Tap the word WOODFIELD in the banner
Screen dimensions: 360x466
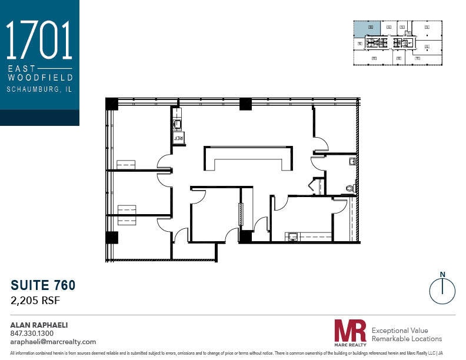(x=39, y=77)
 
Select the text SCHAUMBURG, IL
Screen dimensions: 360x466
(x=39, y=89)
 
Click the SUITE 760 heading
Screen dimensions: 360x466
(x=43, y=286)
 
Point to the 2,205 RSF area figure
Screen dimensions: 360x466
(x=35, y=301)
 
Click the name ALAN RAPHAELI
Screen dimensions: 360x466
(x=39, y=325)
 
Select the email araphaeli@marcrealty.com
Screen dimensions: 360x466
(x=53, y=342)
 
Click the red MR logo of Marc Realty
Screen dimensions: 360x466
(x=349, y=331)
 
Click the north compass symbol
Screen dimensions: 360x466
(x=442, y=289)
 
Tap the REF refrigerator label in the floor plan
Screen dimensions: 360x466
(x=179, y=137)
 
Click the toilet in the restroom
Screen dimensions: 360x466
(x=351, y=188)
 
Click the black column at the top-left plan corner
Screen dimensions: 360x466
(x=112, y=104)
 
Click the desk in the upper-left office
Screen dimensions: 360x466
(x=126, y=165)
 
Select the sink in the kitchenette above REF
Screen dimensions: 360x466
(x=177, y=124)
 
